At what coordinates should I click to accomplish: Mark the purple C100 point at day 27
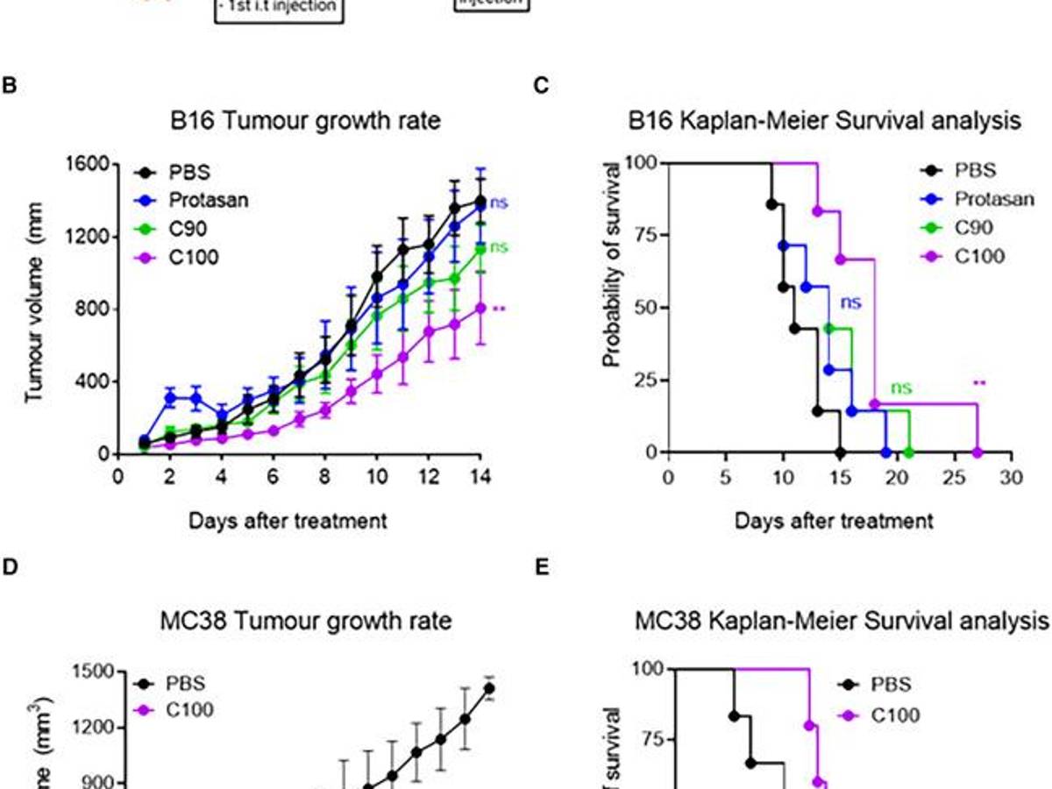pyautogui.click(x=977, y=452)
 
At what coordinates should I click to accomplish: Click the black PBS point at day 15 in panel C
pyautogui.click(x=840, y=452)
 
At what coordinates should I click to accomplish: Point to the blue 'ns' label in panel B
pyautogui.click(x=498, y=203)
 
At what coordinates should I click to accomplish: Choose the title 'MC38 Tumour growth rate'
pyautogui.click(x=307, y=622)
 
